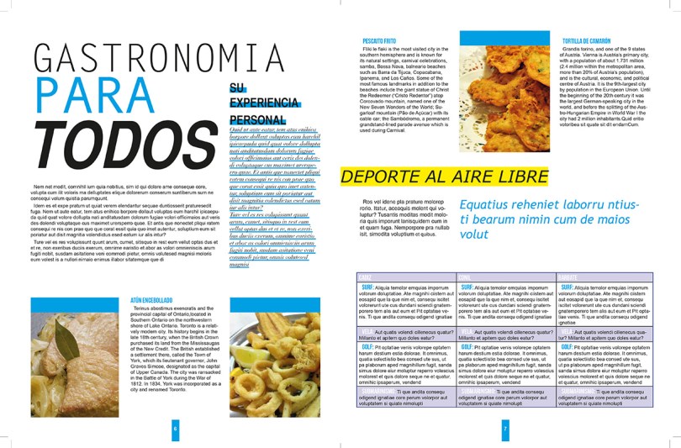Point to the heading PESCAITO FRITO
pos(378,40)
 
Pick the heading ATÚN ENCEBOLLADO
pos(150,300)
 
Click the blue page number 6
pos(175,428)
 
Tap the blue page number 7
pos(504,428)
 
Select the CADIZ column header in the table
pos(366,277)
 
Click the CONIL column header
pos(465,277)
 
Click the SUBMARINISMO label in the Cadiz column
pos(377,392)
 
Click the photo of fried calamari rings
pos(274,361)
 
